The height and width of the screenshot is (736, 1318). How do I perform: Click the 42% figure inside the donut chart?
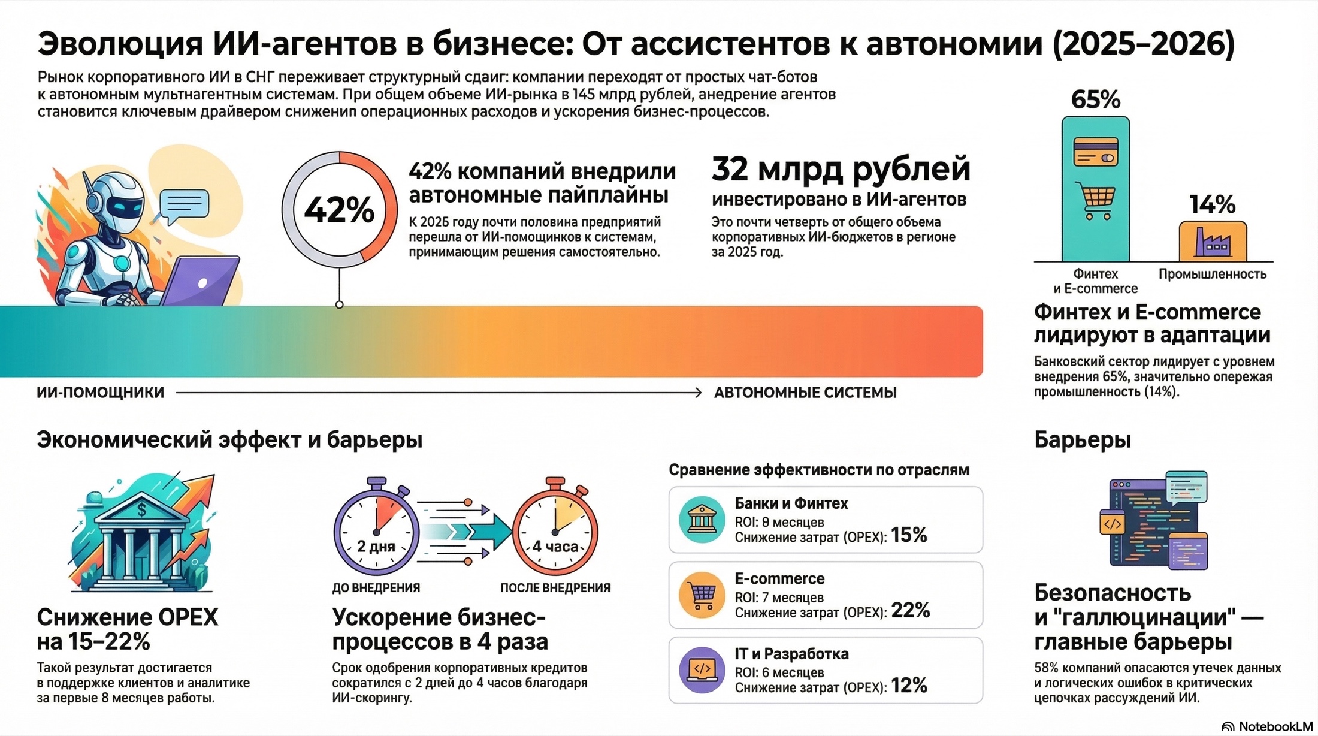(x=339, y=210)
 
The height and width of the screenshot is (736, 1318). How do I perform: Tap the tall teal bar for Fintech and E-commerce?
(x=1095, y=189)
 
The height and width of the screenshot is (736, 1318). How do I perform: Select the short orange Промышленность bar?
(x=1213, y=241)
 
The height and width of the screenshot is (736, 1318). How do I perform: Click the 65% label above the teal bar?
(x=1095, y=99)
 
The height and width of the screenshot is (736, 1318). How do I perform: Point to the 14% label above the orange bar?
(x=1212, y=205)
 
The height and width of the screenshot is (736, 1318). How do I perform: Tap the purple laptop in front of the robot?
(x=201, y=282)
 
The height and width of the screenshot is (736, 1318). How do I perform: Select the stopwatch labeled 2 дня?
(x=376, y=530)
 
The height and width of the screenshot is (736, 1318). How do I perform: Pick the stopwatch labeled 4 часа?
(x=555, y=530)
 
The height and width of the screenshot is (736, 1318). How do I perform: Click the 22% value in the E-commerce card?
(x=910, y=610)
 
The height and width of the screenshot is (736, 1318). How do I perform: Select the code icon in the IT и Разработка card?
(x=702, y=669)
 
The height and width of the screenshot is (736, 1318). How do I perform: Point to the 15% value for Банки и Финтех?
(x=908, y=535)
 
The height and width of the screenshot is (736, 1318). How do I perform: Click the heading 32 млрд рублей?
(x=841, y=170)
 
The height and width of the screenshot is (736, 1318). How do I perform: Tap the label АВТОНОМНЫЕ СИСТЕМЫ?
(x=805, y=393)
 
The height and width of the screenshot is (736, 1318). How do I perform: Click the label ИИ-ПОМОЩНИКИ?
(x=101, y=393)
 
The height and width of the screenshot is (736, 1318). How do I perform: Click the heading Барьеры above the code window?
(x=1082, y=440)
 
